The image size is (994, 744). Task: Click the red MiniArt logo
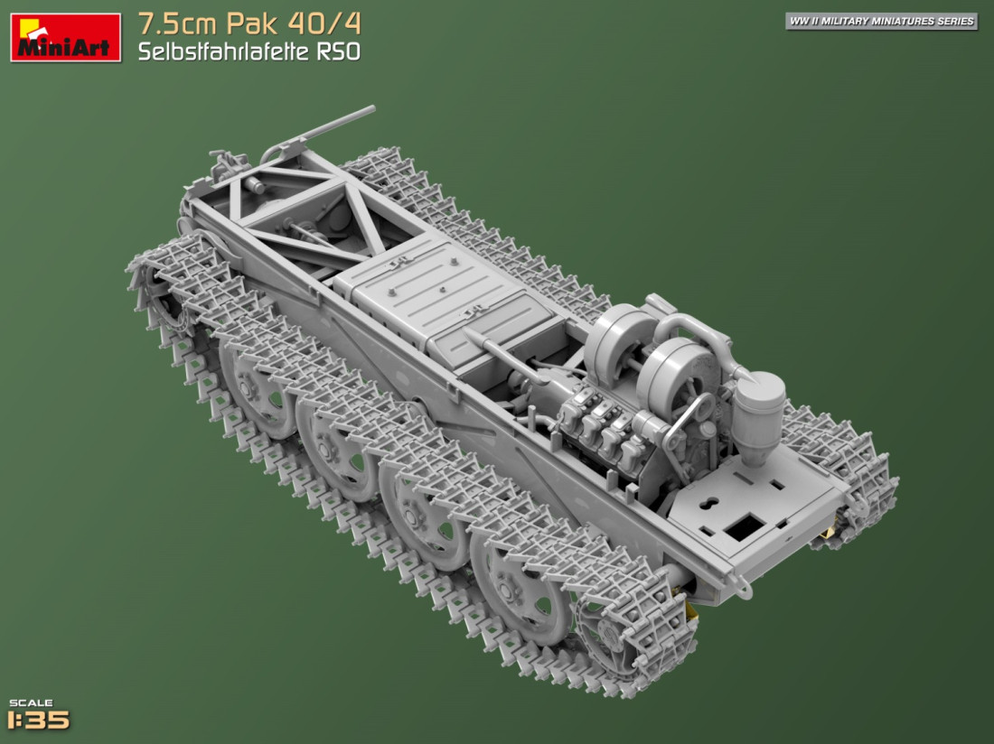[x=65, y=37]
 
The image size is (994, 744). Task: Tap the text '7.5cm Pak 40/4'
[x=249, y=23]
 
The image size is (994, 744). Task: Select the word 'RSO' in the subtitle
[x=339, y=51]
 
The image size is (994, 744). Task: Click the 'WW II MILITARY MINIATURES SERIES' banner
[x=881, y=21]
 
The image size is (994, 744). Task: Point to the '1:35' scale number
[x=38, y=720]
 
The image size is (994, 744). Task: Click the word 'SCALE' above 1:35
[x=31, y=702]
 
